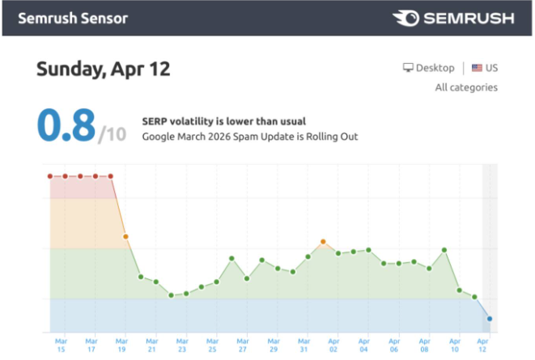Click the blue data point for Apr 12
coord(490,319)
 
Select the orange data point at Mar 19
coord(125,236)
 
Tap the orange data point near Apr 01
coord(323,242)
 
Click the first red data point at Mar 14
coord(50,176)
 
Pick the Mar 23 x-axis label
coord(182,345)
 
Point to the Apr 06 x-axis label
coord(394,345)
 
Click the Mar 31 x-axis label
coord(304,345)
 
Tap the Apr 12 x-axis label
coord(482,345)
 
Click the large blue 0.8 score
coord(66,125)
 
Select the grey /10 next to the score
coord(113,134)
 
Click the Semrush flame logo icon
coord(405,18)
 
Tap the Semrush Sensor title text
coord(73,19)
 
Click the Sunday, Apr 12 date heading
coord(104,69)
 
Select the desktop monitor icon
coord(408,67)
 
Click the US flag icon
coord(477,68)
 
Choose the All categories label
coord(466,87)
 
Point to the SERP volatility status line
coord(224,121)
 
